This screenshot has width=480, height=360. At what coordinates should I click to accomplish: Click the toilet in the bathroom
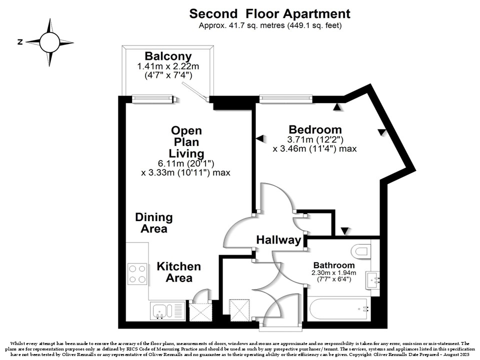tap(360, 251)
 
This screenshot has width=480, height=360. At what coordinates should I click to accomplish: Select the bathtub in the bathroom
tap(339, 309)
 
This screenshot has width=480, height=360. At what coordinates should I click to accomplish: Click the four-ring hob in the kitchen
tap(137, 274)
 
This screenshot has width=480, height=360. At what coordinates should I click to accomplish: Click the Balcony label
tap(168, 56)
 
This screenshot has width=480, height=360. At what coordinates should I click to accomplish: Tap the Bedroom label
tap(315, 129)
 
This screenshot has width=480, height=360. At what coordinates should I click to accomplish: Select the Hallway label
tap(279, 239)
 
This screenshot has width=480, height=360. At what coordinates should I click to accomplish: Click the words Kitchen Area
tap(179, 272)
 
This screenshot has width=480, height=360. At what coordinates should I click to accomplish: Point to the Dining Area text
tap(154, 223)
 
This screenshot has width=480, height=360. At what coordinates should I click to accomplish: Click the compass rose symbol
tap(49, 42)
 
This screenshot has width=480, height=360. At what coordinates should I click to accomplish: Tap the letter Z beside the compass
tap(20, 42)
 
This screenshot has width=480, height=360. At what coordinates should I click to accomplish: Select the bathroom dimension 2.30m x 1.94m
tap(334, 273)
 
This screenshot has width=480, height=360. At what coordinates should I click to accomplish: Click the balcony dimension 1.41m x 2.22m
tap(168, 66)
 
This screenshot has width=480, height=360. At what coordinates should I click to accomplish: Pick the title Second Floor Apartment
tap(269, 14)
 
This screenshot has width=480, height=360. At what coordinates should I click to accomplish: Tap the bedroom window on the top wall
tap(286, 99)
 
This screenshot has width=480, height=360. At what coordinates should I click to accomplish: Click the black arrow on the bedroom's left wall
tap(259, 138)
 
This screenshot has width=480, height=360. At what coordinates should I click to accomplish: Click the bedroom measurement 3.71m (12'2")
tap(315, 139)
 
